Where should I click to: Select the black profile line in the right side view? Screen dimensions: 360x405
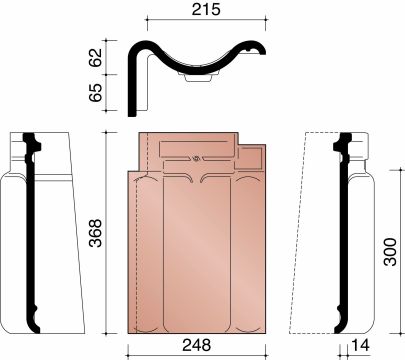pyautogui.click(x=344, y=230)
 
